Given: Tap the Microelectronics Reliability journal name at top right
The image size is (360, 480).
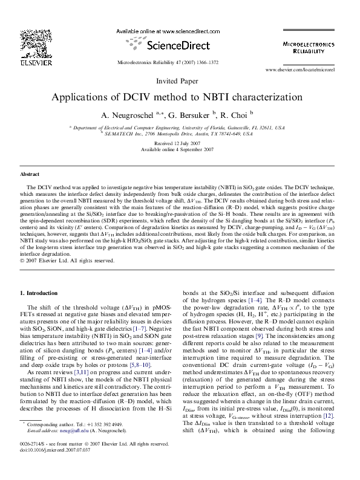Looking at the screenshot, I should tap(309, 48).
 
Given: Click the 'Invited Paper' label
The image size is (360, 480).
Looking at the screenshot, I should tap(177, 80).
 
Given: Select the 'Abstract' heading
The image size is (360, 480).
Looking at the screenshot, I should tap(30, 174).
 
